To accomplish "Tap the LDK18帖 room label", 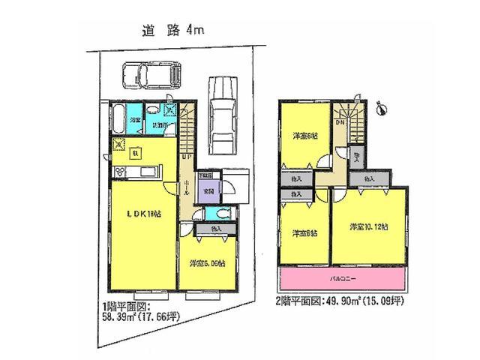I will pos(142,215).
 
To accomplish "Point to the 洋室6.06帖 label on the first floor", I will pos(207,264).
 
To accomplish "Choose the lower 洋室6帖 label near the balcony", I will pos(304,232).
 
